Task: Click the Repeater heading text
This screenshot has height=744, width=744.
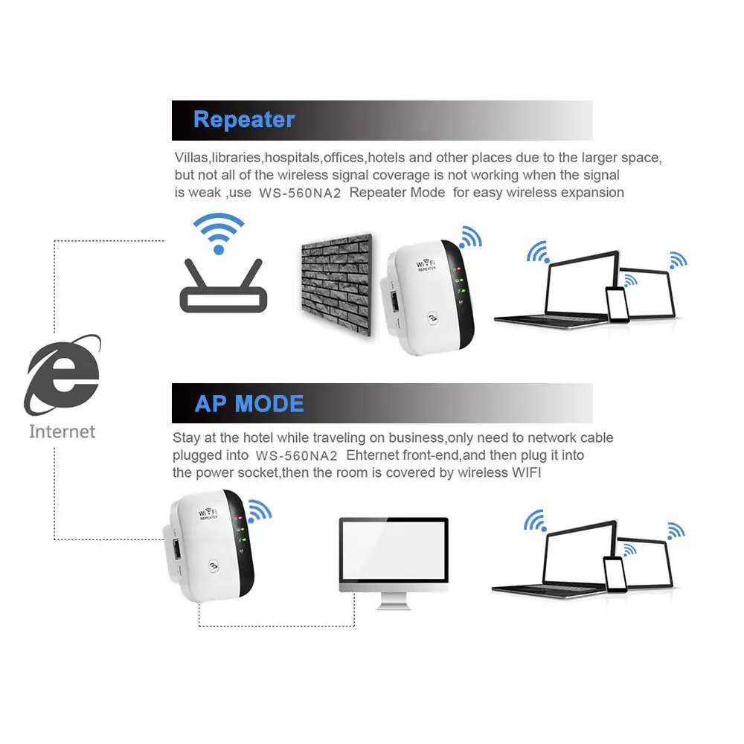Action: (243, 120)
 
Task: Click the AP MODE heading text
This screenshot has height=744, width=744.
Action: (249, 404)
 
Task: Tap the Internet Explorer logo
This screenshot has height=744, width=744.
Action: (62, 376)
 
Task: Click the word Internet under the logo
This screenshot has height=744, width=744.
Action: (62, 432)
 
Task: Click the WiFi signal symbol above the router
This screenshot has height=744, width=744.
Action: (218, 232)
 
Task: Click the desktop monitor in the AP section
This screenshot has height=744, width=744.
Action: (394, 555)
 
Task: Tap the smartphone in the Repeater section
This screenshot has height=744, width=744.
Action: (618, 304)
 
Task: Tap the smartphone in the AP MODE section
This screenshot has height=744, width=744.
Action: (615, 574)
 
